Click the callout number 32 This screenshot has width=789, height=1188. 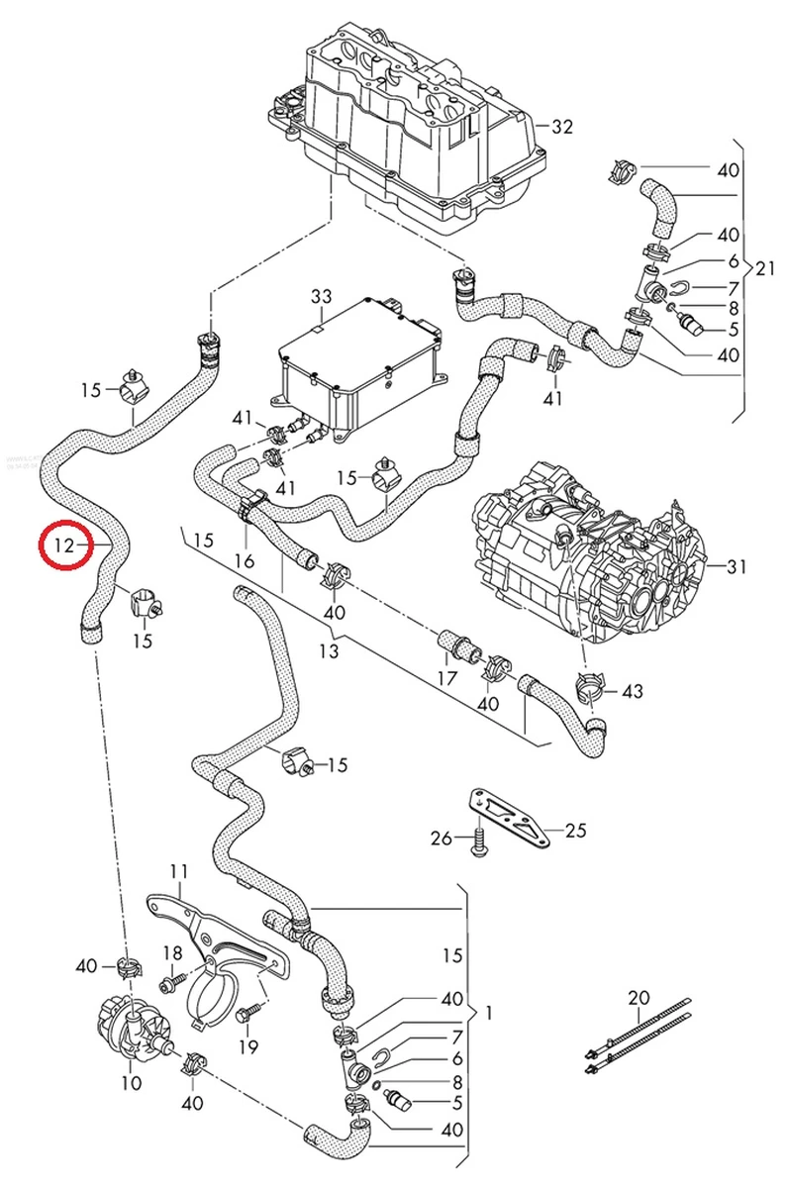tap(562, 127)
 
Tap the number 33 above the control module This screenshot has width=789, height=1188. tap(322, 296)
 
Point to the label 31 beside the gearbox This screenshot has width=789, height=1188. tap(737, 567)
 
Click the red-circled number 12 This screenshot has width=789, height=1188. tap(64, 544)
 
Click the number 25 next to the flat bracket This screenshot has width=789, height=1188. tap(574, 830)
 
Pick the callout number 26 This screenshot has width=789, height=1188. tap(441, 839)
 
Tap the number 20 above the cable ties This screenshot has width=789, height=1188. tap(639, 997)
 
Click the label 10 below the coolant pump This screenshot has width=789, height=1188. tap(131, 1083)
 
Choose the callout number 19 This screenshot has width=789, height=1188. tap(247, 1046)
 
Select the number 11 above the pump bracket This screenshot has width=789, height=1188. tap(178, 871)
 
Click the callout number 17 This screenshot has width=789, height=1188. tap(446, 678)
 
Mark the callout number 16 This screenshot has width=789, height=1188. tap(245, 560)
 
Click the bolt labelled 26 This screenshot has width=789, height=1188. tap(480, 842)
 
